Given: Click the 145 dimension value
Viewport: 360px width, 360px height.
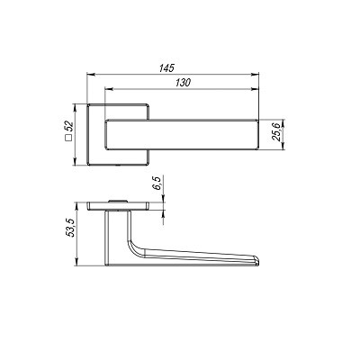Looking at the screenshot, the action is tap(166, 68).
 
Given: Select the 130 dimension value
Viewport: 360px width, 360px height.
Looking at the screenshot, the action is tap(183, 83).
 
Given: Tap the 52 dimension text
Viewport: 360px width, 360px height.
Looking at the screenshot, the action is tap(69, 126).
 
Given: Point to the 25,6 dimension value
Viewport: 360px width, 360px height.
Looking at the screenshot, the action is tap(275, 131).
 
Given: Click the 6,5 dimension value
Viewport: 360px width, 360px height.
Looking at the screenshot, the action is tap(157, 184).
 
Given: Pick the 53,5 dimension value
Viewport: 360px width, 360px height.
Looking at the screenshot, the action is tap(70, 228).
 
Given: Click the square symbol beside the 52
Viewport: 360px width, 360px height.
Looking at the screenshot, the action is tap(69, 139).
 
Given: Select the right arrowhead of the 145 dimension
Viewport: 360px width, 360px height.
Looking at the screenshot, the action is tap(255, 74).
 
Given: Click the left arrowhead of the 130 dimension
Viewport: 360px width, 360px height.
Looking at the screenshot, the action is tap(109, 89).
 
